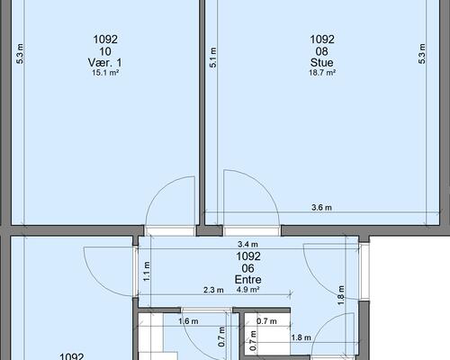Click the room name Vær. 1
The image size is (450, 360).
pyautogui.click(x=105, y=63)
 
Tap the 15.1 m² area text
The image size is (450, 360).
pyautogui.click(x=105, y=73)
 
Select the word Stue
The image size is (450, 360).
pyautogui.click(x=322, y=63)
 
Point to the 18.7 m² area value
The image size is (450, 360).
pyautogui.click(x=322, y=73)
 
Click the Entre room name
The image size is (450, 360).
pyautogui.click(x=248, y=280)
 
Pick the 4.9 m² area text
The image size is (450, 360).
pyautogui.click(x=248, y=290)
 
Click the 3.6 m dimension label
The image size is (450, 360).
pyautogui.click(x=321, y=207)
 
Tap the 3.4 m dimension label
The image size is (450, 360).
pyautogui.click(x=247, y=245)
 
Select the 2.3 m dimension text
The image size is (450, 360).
pyautogui.click(x=213, y=290)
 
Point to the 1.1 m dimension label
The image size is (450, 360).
pyautogui.click(x=147, y=272)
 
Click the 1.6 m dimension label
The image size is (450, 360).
pyautogui.click(x=188, y=321)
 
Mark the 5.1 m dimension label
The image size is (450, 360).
pyautogui.click(x=212, y=58)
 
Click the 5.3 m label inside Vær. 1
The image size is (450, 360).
pyautogui.click(x=20, y=54)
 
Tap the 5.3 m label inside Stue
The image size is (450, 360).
pyautogui.click(x=422, y=54)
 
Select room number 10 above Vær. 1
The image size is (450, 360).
pyautogui.click(x=105, y=51)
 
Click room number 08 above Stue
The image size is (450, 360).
pyautogui.click(x=322, y=51)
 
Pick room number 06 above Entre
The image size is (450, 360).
pyautogui.click(x=248, y=268)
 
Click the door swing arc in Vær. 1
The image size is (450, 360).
pyautogui.click(x=159, y=191)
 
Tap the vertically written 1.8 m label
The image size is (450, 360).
pyautogui.click(x=341, y=295)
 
